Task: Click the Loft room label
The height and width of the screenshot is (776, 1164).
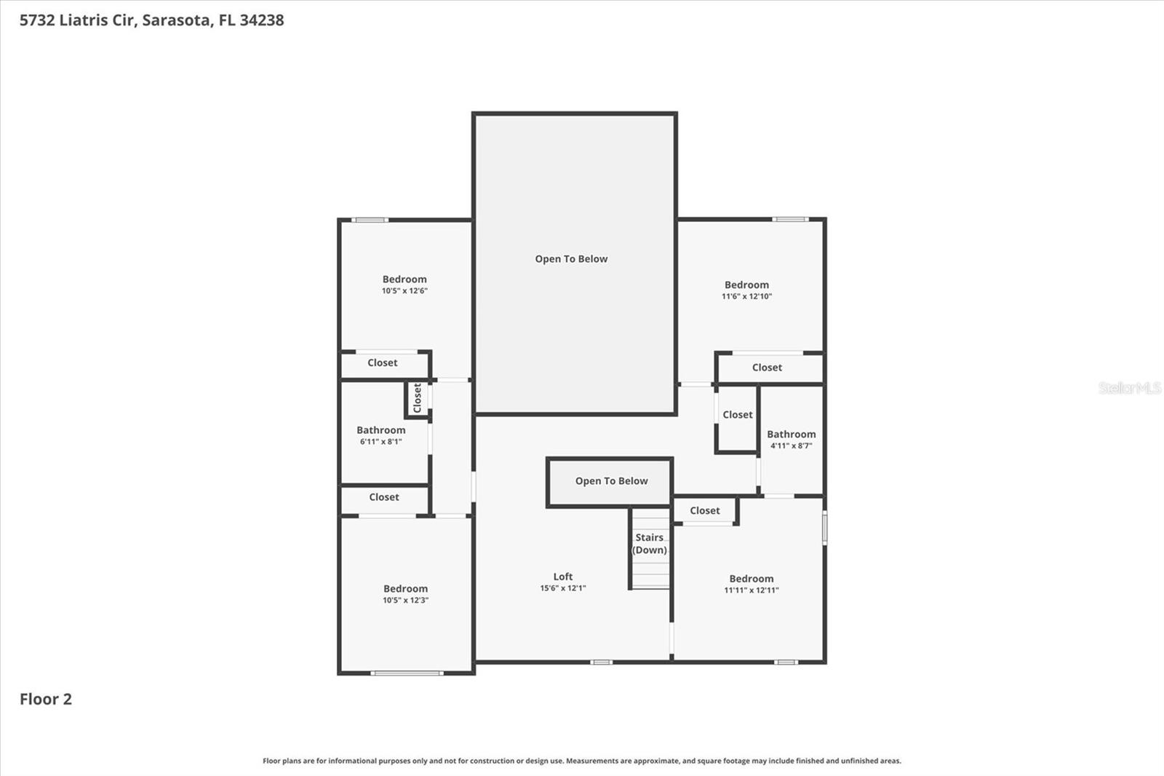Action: [x=562, y=577]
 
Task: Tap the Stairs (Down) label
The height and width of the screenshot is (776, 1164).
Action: [x=650, y=544]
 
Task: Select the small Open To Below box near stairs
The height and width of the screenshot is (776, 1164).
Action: [x=611, y=481]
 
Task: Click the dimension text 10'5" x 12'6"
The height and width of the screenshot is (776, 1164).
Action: [x=404, y=291]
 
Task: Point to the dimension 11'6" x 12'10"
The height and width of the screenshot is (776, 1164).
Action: [x=746, y=297]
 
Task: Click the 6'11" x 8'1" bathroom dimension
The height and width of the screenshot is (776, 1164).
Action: [x=380, y=442]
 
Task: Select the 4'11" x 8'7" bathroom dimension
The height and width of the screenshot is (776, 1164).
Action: [x=791, y=446]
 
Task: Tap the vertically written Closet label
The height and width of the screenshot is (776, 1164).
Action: [x=418, y=398]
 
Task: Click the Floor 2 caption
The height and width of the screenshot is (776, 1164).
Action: [x=46, y=700]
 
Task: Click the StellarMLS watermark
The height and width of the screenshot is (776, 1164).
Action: [x=1129, y=388]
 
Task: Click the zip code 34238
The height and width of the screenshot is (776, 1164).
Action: [x=262, y=20]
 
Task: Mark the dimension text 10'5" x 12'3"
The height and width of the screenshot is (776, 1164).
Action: [x=405, y=601]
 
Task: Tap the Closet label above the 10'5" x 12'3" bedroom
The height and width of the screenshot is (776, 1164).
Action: [x=384, y=497]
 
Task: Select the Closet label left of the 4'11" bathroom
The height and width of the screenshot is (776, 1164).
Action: [x=738, y=415]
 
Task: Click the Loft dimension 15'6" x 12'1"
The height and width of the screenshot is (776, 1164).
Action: [x=562, y=588]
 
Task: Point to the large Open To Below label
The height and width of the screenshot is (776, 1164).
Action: [x=571, y=259]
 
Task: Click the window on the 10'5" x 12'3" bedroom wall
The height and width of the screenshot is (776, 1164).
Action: [x=407, y=673]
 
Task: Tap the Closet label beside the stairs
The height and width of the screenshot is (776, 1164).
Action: [x=705, y=511]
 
